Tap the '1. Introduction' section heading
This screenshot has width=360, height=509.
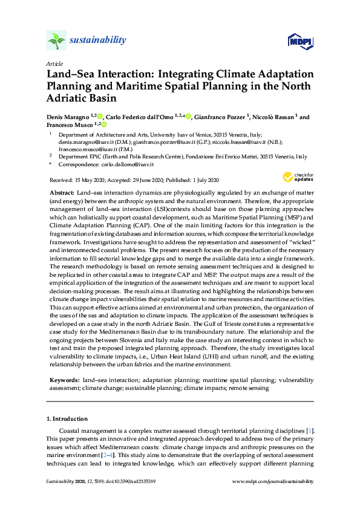pyautogui.click(x=67, y=418)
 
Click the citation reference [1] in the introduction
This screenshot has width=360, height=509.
pyautogui.click(x=310, y=430)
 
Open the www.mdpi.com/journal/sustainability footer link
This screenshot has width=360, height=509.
pyautogui.click(x=273, y=481)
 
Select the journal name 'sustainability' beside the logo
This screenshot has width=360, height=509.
pyautogui.click(x=98, y=41)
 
